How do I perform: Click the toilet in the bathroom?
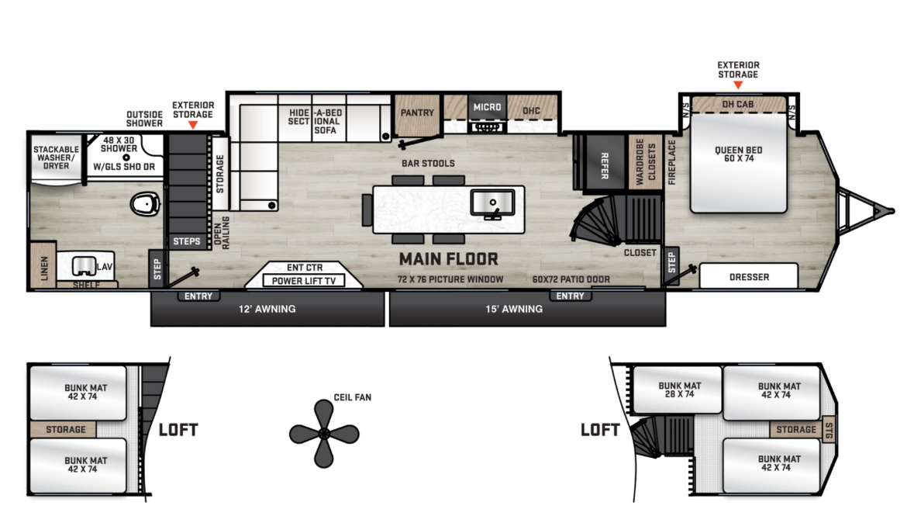point(145,204)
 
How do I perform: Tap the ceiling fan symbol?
point(324,434)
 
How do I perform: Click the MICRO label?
point(488,107)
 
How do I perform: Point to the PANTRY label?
point(417,113)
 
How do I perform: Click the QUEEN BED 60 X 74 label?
point(739,154)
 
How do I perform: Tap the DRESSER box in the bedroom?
point(748,276)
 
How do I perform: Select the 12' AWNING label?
point(267,309)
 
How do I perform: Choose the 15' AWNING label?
point(514,309)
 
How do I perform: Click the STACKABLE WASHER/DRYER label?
point(56,158)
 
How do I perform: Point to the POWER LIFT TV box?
point(304,281)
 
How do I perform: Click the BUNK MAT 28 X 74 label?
point(680,390)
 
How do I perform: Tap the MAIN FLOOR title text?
point(449,258)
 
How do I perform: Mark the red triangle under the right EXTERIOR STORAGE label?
point(738,85)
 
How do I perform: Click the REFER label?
point(605,166)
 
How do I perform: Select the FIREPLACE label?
point(671,162)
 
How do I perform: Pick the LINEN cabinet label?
point(44,268)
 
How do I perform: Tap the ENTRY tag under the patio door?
point(570,296)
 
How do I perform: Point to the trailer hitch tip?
point(893,211)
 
